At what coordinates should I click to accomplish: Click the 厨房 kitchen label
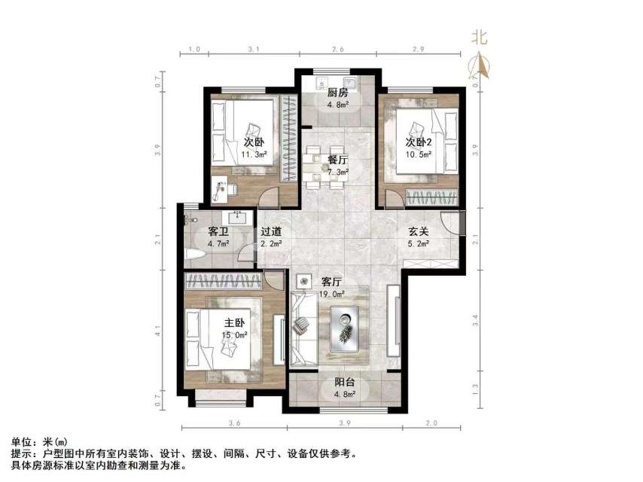(337, 93)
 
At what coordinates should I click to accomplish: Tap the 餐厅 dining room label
(337, 160)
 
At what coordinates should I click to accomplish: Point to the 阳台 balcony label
(344, 384)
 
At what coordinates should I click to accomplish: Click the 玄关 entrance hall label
(419, 232)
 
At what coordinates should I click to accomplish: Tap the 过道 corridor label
(271, 232)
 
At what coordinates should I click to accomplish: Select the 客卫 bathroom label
(218, 232)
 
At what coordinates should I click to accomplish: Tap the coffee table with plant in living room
(346, 328)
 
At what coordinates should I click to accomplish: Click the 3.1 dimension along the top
(253, 48)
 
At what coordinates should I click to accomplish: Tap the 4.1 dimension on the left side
(158, 329)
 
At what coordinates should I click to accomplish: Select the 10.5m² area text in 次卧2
(419, 155)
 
